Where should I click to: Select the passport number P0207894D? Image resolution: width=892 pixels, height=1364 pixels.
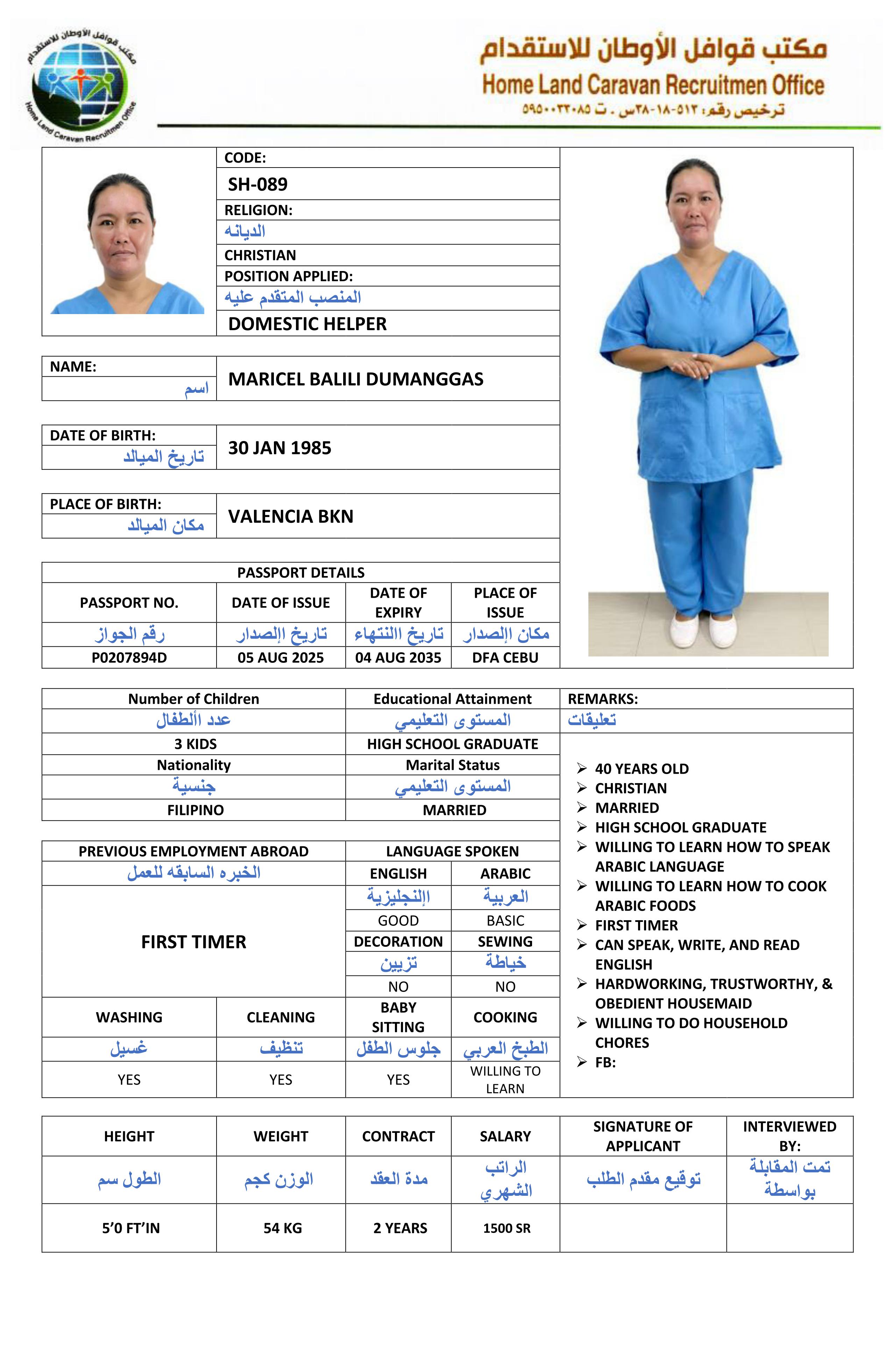click(129, 658)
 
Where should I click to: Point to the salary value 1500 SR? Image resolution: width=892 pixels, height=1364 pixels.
click(506, 1228)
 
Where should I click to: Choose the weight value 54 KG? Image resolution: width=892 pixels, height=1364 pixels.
click(282, 1228)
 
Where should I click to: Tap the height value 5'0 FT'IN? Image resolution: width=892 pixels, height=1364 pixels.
click(131, 1228)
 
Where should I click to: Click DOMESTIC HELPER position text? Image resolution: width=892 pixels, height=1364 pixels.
click(307, 324)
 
